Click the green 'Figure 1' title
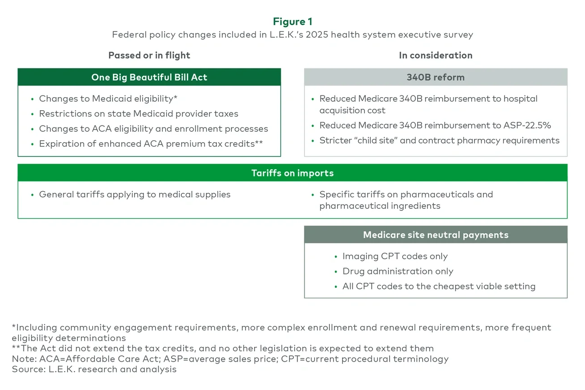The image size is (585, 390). [292, 22]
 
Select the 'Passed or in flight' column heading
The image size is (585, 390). [149, 55]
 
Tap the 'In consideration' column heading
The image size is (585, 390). [436, 55]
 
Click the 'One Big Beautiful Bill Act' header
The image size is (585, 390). [149, 77]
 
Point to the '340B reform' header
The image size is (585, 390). [436, 77]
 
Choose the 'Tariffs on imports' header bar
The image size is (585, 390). [292, 173]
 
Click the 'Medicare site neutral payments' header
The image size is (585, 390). [436, 235]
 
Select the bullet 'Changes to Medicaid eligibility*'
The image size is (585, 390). [108, 99]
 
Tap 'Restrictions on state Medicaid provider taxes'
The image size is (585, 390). [139, 114]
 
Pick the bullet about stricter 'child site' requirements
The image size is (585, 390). [439, 140]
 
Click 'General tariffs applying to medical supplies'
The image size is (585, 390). [135, 194]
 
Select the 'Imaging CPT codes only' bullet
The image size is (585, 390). [395, 256]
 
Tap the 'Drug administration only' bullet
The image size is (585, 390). [397, 271]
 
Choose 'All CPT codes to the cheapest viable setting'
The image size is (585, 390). [439, 286]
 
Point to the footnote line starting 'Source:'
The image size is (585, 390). [94, 369]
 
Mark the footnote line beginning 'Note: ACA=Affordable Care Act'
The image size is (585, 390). [230, 359]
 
